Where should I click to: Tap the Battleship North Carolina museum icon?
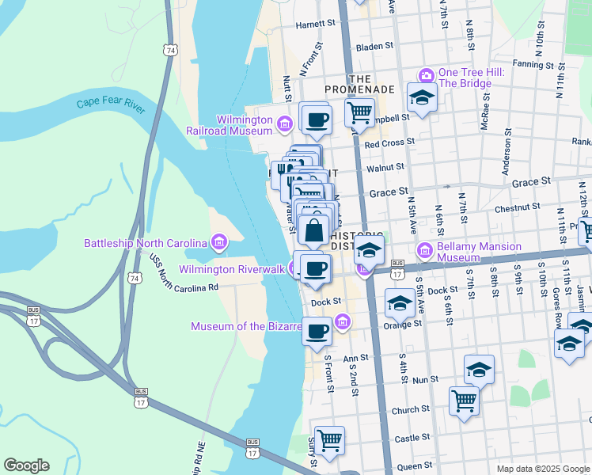click(x=219, y=241)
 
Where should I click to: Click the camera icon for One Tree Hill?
click(x=427, y=75)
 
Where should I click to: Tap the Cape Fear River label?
click(x=111, y=105)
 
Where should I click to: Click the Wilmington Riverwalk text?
click(x=232, y=269)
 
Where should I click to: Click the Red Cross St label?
click(x=389, y=142)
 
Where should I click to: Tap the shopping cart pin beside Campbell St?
click(x=360, y=112)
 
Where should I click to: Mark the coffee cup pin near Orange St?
click(x=317, y=331)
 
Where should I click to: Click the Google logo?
click(x=26, y=465)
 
